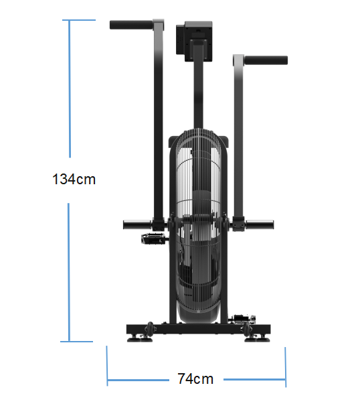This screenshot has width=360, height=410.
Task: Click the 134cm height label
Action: pos(74,180)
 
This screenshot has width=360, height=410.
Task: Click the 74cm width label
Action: pos(195,379)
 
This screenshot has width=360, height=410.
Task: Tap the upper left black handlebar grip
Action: pos(131,25)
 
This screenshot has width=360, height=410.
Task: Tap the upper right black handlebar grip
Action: pos(266,60)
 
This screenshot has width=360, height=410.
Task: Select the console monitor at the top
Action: pos(194,42)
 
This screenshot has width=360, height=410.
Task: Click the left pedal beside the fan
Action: pos(154,238)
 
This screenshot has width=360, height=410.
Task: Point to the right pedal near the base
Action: pos(243,320)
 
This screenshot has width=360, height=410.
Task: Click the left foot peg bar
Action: pos(137,225)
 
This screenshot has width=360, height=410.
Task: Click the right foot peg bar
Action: pos(260,224)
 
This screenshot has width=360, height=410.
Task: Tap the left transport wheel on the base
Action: pos(150,328)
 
